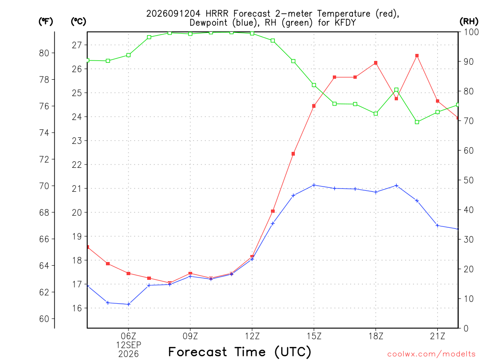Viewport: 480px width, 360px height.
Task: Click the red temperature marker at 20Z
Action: [x=417, y=56]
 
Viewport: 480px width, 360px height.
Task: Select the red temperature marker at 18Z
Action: [x=375, y=63]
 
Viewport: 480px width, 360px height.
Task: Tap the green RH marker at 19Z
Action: [x=397, y=90]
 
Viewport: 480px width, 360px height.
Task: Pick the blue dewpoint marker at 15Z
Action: [x=314, y=185]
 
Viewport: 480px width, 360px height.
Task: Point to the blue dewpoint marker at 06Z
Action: [x=128, y=304]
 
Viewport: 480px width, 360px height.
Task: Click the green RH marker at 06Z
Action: [x=128, y=55]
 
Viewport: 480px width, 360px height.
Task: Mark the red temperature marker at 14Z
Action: [x=293, y=154]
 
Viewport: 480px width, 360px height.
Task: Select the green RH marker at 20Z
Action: [x=417, y=122]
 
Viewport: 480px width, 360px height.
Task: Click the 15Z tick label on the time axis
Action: [x=314, y=336]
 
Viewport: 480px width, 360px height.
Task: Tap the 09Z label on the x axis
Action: [x=190, y=336]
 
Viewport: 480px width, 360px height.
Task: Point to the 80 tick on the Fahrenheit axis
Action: [x=44, y=53]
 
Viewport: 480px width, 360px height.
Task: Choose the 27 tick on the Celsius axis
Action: [x=77, y=45]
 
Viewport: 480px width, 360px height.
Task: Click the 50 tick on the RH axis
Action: [x=469, y=180]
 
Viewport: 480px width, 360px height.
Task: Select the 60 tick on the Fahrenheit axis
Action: [x=44, y=319]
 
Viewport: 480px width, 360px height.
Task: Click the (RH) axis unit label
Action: [x=469, y=21]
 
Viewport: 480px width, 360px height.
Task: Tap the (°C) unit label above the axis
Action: [x=78, y=21]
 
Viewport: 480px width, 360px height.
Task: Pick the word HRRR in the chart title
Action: [x=217, y=14]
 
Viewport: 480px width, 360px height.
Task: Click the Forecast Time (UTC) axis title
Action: [x=240, y=352]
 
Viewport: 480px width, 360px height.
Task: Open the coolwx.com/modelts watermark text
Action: [x=431, y=354]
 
